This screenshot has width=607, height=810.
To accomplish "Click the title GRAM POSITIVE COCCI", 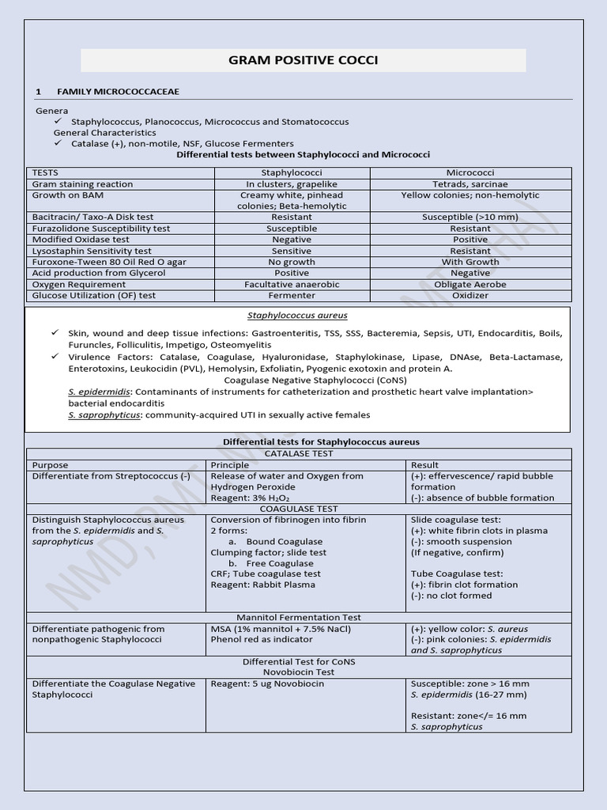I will pos(303,60).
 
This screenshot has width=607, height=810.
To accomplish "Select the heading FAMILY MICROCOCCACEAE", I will pos(118,92).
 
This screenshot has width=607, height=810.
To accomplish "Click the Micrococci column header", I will pos(470,172).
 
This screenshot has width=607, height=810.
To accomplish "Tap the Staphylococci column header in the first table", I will pos(292,172).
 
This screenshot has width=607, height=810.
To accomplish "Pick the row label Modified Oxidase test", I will pos(81,240).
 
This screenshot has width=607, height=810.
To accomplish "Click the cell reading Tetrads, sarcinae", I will pos(470,184).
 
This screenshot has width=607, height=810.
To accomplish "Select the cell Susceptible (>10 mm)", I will pos(470,217).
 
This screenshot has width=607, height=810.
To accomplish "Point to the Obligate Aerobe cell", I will pos(470,284).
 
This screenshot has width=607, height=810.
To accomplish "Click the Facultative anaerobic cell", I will pos(292,284).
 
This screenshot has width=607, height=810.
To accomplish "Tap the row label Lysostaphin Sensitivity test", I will pos(92,251).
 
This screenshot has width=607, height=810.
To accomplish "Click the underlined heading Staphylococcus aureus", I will pos(297,316).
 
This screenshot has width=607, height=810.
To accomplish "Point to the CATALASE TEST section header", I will pos(298,454).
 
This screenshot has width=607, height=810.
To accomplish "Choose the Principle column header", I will pos(230,465).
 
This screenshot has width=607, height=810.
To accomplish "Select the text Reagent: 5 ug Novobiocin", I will pos(267,683).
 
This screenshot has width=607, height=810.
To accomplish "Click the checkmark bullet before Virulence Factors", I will pos(56,357).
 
